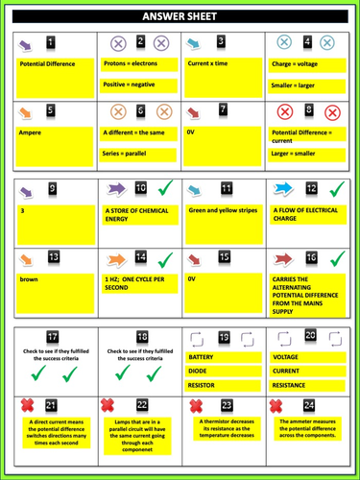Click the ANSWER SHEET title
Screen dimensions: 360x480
180,17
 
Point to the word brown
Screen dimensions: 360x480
29,279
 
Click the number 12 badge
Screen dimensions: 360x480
311,188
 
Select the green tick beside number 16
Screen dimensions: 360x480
337,259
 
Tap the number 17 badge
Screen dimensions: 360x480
51,336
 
